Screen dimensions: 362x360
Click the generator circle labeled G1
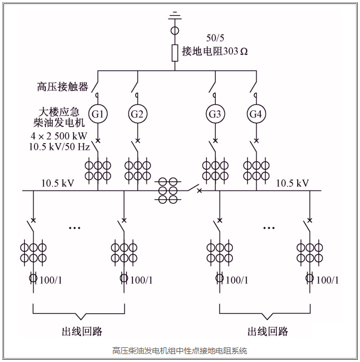(x=98, y=114)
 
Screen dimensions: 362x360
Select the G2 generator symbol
(x=138, y=114)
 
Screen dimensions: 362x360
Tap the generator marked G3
(x=215, y=114)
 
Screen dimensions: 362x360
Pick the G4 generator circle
(x=256, y=114)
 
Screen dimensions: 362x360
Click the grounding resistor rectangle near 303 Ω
(x=175, y=52)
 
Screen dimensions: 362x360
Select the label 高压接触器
(x=62, y=87)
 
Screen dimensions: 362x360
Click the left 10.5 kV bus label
(x=57, y=183)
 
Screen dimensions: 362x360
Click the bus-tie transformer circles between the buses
(x=168, y=191)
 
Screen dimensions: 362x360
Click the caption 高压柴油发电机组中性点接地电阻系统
(x=179, y=351)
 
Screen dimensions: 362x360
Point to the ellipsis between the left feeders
(x=75, y=227)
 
